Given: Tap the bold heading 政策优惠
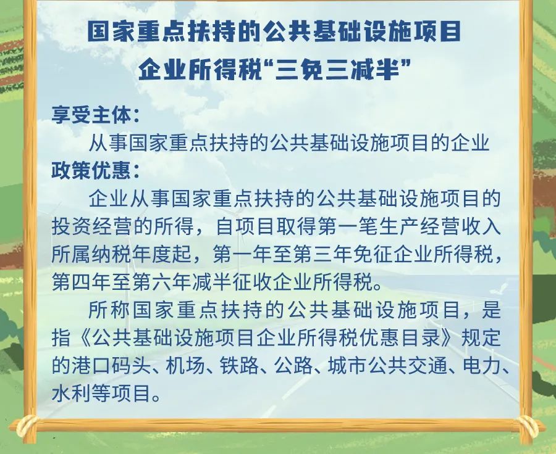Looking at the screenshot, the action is [x=91, y=171].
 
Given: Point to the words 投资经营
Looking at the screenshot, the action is [x=92, y=226].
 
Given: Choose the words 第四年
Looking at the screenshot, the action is [x=82, y=283].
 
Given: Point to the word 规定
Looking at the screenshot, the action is [x=481, y=337].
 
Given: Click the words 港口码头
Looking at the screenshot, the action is [x=111, y=365].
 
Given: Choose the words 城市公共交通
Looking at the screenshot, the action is [x=387, y=365].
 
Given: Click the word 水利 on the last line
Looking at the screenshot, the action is [x=72, y=393].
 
